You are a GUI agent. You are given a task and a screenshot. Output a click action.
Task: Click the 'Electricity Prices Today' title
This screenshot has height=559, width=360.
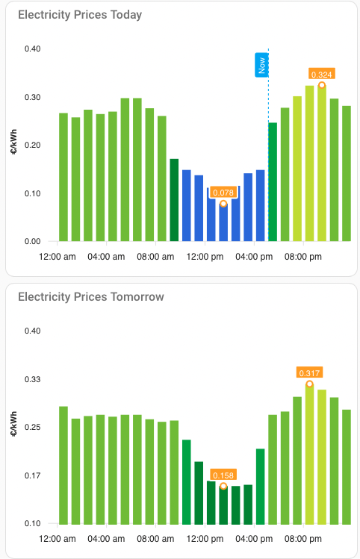[x=80, y=15]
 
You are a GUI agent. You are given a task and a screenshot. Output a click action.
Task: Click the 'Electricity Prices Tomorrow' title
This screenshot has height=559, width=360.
[x=90, y=297]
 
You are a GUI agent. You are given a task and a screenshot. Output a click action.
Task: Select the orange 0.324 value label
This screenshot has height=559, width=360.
[x=322, y=74]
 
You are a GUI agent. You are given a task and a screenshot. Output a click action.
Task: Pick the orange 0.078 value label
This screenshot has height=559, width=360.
[x=223, y=193]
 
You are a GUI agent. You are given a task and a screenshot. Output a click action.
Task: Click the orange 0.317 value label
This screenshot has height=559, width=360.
[x=309, y=372]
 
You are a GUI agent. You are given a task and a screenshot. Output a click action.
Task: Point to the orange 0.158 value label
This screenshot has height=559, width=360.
[x=223, y=475]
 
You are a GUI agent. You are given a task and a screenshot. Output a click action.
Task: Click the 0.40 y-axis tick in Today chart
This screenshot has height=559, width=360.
[x=32, y=49]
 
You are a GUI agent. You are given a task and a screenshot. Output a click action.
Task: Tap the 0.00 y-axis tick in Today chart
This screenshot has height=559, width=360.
[x=32, y=242]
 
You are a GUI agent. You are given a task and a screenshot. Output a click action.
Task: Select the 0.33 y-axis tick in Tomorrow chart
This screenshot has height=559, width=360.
[x=32, y=380]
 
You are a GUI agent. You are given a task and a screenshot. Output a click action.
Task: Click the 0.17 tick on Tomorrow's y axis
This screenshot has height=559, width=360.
[x=32, y=475]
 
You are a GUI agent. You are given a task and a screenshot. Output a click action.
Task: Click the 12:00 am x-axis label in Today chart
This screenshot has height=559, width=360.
[x=58, y=257]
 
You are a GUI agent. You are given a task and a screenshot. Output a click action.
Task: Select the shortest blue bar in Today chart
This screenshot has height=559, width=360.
[x=223, y=224]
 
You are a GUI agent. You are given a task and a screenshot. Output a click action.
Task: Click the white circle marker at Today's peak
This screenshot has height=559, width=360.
[x=322, y=85]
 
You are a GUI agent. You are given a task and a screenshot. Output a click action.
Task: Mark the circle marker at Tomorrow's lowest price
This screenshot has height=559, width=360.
[x=223, y=487]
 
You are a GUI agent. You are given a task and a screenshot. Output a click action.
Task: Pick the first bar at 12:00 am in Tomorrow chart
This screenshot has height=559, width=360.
[x=63, y=465]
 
